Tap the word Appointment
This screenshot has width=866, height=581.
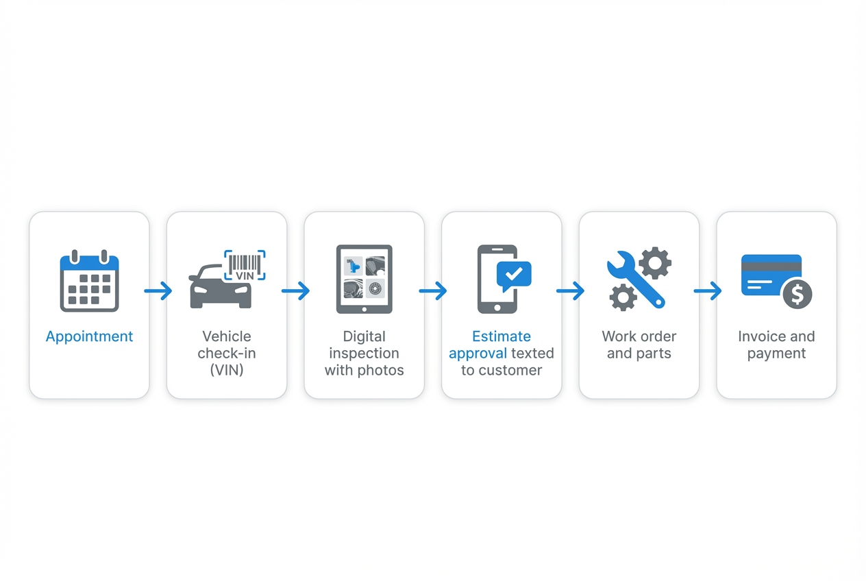coord(89,336)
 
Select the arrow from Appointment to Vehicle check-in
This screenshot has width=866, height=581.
coord(158,291)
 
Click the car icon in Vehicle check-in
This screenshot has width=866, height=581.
coord(219,288)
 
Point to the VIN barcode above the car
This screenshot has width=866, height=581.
coord(245,265)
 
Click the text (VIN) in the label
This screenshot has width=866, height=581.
coord(227,370)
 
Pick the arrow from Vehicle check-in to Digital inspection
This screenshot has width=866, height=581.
coord(296,291)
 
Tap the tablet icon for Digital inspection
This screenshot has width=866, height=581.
coord(364,280)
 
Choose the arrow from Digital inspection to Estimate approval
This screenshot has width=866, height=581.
coord(433,291)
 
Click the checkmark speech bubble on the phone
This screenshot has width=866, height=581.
coord(513,274)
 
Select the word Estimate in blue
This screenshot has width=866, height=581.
coord(502,336)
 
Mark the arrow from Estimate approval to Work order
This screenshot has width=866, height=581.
coord(571,291)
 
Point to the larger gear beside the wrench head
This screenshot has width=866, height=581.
coord(655,262)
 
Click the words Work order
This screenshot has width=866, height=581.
coord(639,336)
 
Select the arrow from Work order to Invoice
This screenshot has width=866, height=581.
coord(708,291)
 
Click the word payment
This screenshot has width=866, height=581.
coord(776,354)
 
